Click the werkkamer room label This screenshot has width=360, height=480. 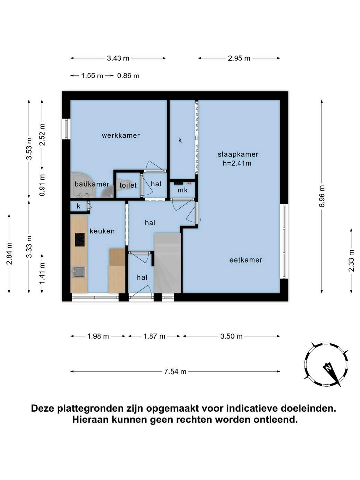(121, 135)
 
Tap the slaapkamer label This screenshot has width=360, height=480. (238, 154)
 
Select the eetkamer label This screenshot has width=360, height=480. (246, 260)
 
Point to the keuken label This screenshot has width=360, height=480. (102, 231)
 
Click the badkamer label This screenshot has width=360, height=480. (92, 184)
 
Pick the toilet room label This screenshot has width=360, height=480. (128, 185)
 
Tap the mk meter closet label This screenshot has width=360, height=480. (182, 190)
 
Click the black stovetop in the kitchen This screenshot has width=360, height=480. (80, 239)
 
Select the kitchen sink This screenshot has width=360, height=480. (79, 272)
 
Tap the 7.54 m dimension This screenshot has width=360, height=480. (175, 371)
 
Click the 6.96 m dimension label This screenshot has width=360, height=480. (322, 196)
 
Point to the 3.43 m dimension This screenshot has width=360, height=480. (118, 58)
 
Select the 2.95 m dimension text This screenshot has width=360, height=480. (239, 58)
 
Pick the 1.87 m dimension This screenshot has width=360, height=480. (154, 336)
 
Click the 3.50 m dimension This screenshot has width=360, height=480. (231, 336)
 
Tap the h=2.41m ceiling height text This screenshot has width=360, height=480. (237, 163)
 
